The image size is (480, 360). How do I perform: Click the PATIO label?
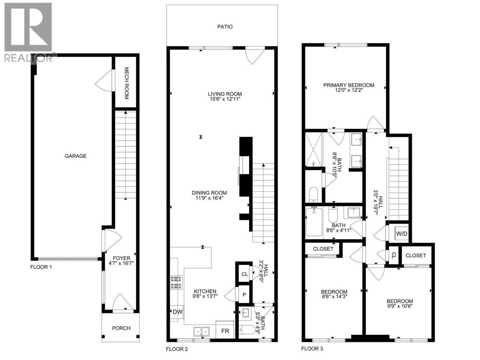point(225,27)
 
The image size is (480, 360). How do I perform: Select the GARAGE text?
point(76,156)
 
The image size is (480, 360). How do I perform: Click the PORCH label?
point(121,328)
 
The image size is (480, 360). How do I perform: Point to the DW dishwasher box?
point(177,312)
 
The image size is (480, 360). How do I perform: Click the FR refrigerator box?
point(225,331)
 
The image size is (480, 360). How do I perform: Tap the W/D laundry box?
point(401,233)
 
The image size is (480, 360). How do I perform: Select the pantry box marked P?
point(244,294)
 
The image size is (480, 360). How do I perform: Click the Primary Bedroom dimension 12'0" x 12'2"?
point(349,90)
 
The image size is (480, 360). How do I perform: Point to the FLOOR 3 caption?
point(312,348)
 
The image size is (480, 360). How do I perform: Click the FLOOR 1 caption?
point(41,267)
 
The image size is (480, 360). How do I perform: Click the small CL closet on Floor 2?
point(244,274)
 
